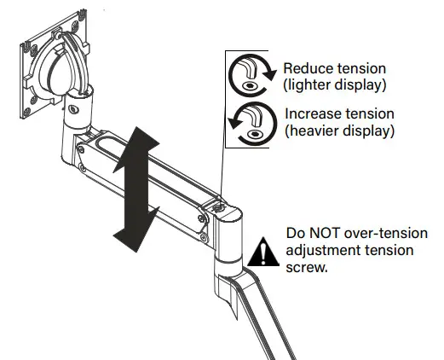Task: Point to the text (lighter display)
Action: pos(333,84)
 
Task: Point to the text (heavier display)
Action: pos(337,131)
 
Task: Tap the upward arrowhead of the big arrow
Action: pos(137,136)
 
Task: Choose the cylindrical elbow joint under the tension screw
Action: pos(227,235)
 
